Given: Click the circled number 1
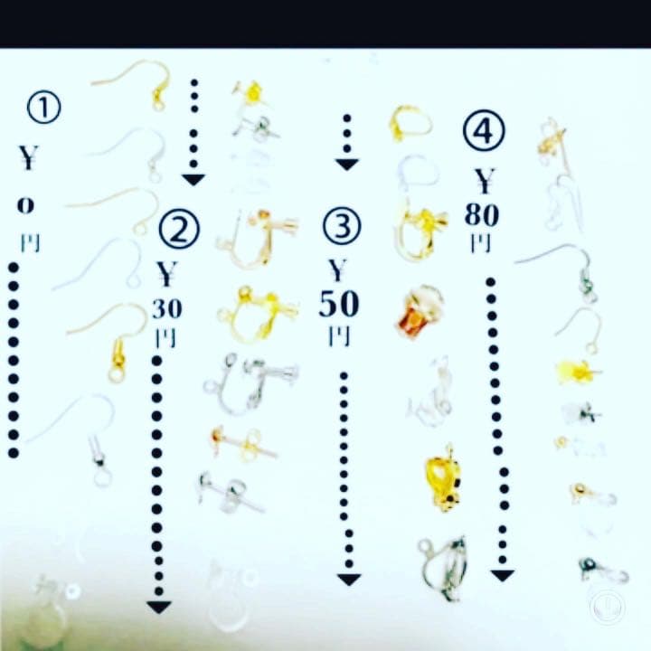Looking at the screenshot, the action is point(44,107).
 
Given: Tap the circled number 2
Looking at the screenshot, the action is point(179,230).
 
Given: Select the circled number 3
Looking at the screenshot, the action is point(342,227).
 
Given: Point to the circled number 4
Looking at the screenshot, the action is point(484,130).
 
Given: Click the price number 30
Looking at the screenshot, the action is point(167,309).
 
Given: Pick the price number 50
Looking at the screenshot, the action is point(339,304).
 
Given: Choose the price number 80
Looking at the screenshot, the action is point(482,214).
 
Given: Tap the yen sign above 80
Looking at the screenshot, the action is point(485,181).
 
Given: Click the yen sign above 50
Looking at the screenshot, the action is point(337,270).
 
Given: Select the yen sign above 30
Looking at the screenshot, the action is point(166,274).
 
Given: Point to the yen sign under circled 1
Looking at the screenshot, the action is point(28,157).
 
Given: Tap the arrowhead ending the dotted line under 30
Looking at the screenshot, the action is point(159,608).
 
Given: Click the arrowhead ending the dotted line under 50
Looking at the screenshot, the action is point(349,580).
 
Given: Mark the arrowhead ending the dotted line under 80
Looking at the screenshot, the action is point(503,575).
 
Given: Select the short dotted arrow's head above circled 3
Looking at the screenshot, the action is point(347,165).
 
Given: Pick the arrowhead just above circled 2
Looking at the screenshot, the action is point(193,180).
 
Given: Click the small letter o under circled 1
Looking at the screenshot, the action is point(25,205).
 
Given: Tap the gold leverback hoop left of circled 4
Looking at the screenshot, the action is point(410,123).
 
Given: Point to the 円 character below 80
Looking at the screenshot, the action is point(481,243).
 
